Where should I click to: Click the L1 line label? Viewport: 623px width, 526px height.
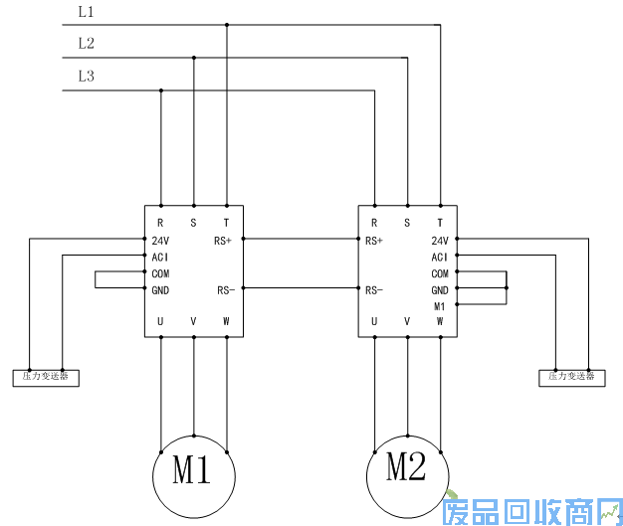86,11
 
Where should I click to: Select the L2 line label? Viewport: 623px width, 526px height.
86,43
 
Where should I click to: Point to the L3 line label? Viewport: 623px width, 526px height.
86,76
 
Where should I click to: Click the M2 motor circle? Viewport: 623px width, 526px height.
406,467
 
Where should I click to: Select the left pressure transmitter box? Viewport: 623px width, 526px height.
46,377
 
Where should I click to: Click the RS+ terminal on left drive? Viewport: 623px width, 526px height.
223,240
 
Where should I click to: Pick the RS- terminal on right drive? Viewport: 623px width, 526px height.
374,290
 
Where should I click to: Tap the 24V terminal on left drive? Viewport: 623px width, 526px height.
160,240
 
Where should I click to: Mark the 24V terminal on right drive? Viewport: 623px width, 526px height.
440,240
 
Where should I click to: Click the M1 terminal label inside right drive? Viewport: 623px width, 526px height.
440,306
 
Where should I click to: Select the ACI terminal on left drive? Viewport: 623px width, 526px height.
160,257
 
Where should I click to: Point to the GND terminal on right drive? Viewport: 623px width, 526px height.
440,289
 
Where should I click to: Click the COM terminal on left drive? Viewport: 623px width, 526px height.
160,272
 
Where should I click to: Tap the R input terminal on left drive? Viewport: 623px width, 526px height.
160,223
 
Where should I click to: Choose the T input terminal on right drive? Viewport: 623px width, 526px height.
440,223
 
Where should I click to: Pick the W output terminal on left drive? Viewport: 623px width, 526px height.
226,321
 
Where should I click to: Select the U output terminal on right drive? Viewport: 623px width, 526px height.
374,321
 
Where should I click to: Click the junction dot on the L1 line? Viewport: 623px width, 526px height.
227,25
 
